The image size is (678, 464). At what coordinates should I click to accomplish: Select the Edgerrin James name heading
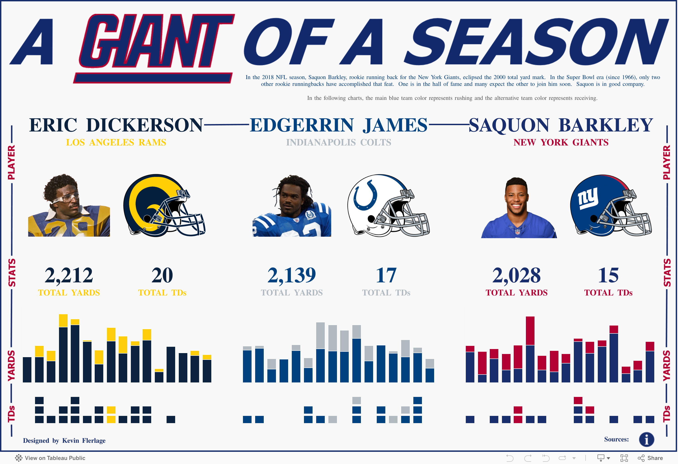click(x=338, y=125)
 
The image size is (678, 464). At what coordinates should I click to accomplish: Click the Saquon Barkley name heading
click(x=561, y=125)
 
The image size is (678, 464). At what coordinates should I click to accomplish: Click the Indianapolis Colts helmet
click(x=388, y=206)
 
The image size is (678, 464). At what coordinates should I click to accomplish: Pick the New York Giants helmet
click(x=611, y=206)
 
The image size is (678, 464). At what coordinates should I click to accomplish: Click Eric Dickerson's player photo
click(x=69, y=206)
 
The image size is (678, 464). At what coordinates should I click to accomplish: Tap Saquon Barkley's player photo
click(x=518, y=208)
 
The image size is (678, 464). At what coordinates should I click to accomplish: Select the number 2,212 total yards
click(x=69, y=275)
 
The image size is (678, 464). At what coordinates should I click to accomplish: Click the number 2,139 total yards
click(x=292, y=275)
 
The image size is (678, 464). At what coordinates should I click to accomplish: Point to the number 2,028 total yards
click(x=516, y=275)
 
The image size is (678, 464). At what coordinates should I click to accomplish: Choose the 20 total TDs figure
click(x=162, y=275)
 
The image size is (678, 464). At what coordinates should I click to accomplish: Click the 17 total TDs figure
click(x=386, y=275)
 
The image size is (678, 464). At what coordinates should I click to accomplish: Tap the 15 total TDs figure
click(x=608, y=275)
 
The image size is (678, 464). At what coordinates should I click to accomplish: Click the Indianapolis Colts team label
click(x=338, y=142)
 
